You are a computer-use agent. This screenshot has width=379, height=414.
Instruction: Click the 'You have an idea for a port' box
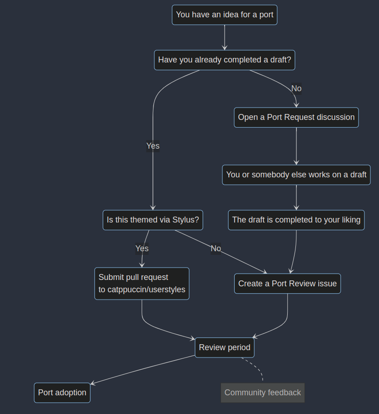225,15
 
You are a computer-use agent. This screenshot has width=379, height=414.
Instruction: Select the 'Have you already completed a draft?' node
225,60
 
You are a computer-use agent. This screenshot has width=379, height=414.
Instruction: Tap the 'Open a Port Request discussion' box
296,117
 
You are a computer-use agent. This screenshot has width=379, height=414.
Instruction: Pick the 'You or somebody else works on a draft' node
296,175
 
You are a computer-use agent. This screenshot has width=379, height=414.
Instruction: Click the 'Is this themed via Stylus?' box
153,220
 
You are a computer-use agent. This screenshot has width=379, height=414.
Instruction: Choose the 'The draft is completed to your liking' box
296,220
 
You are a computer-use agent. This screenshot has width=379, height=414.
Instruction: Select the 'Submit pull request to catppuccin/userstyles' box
142,283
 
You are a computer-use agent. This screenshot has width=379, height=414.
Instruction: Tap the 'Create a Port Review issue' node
287,284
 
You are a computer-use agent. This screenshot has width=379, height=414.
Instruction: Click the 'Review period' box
225,347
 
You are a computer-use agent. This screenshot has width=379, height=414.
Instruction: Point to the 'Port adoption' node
62,393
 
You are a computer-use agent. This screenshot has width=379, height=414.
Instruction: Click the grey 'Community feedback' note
263,393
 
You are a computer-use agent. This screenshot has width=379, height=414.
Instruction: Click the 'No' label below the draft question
296,88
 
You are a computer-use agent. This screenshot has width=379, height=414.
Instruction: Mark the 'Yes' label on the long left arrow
153,146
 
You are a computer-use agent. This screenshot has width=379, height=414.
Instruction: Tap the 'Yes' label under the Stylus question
142,248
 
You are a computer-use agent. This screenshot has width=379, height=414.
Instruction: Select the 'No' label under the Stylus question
216,248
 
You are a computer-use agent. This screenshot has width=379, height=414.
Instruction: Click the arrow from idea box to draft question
225,36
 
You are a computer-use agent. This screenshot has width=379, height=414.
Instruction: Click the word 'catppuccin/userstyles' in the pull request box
142,290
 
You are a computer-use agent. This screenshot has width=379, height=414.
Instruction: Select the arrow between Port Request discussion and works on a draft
296,146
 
